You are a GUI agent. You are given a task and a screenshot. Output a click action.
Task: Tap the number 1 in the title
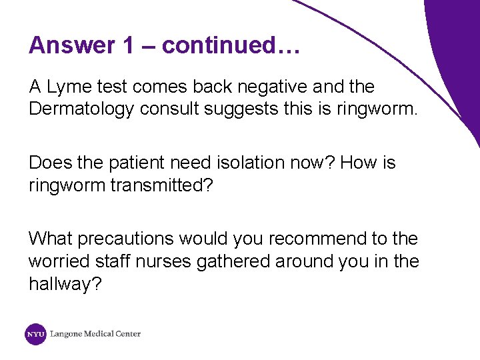pos(129,45)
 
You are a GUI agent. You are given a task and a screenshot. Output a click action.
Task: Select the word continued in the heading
pos(217,45)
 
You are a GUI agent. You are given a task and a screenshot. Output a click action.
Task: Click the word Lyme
pos(69,87)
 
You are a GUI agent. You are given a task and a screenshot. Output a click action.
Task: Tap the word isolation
pos(241,163)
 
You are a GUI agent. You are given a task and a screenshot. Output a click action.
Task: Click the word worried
pos(56,261)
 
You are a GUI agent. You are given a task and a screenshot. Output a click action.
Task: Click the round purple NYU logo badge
pos(35,334)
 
